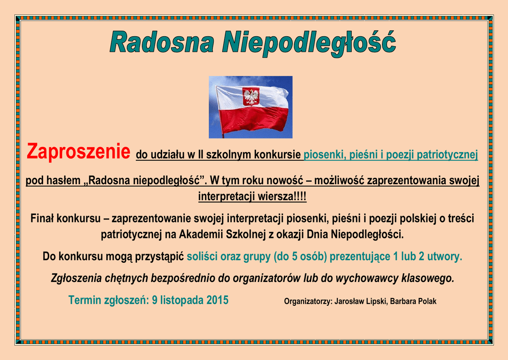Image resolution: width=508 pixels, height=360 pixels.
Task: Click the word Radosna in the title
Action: pos(162,42)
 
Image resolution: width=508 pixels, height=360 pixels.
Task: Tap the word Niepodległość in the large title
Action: pos(309,44)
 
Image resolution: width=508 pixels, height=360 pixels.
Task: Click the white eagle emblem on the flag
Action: pos(251,96)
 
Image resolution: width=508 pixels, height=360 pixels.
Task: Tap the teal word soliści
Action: pos(202,257)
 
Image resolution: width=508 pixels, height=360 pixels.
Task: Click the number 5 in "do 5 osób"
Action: pos(295,257)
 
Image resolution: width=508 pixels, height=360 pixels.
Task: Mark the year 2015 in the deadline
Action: pos(217,300)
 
